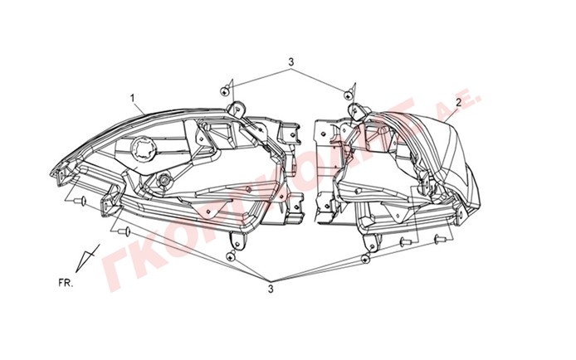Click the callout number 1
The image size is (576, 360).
[131, 98]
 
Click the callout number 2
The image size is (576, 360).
[457, 103]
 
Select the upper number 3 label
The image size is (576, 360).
[291, 62]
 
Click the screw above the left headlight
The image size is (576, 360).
[227, 89]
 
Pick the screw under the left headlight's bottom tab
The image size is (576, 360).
[234, 257]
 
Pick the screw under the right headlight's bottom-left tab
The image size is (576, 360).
[364, 260]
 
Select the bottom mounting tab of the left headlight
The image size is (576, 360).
[238, 241]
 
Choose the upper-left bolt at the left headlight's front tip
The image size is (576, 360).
[82, 201]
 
